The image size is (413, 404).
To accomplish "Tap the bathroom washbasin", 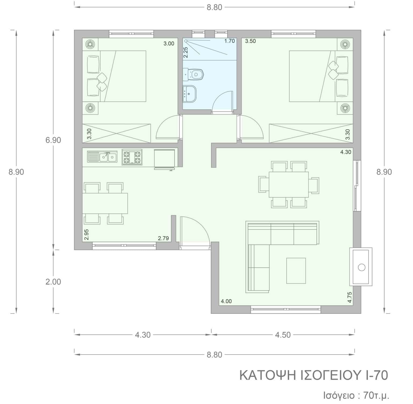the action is pos(189,94).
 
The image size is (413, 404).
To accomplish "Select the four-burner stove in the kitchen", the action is pos(132,157).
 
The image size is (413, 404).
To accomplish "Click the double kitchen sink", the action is pos(102,157).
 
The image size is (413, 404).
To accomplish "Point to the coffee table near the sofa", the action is pos(296,271).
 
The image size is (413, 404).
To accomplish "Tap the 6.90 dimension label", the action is pos(53,140).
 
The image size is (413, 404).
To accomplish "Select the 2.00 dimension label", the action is pos(53,282).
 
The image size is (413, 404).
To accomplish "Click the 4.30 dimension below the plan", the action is pos(143,335).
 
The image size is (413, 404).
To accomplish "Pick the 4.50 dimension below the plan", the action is pos(283,335).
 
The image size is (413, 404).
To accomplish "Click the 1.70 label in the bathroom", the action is pos(230,41).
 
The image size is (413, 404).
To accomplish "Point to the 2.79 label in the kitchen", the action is pos(163,238).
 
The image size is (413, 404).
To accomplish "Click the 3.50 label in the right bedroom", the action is pos(250,41).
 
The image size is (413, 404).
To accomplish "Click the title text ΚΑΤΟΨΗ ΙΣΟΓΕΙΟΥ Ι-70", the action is pos(314,375).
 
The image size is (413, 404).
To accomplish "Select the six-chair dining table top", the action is pos(289,185).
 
